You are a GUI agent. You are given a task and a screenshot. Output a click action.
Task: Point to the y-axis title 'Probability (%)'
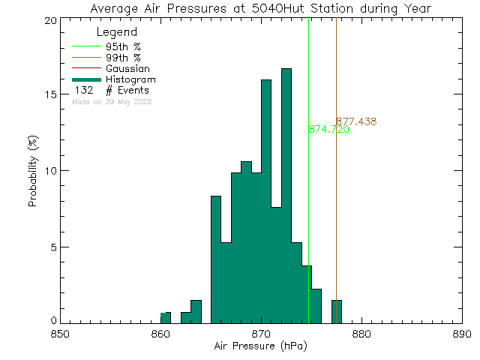[x=34, y=172]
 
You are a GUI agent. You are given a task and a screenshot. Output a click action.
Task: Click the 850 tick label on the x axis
[x=60, y=334]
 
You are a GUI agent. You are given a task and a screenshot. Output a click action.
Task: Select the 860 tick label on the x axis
[x=160, y=334]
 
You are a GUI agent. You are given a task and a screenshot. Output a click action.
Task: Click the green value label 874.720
[x=328, y=130]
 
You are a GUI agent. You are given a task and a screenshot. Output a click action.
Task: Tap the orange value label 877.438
[x=355, y=121]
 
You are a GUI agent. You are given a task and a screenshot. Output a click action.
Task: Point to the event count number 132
[x=83, y=91]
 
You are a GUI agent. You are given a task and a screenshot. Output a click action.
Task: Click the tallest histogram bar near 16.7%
[x=286, y=195]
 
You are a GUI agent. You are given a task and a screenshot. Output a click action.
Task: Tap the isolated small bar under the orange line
[x=337, y=311]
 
